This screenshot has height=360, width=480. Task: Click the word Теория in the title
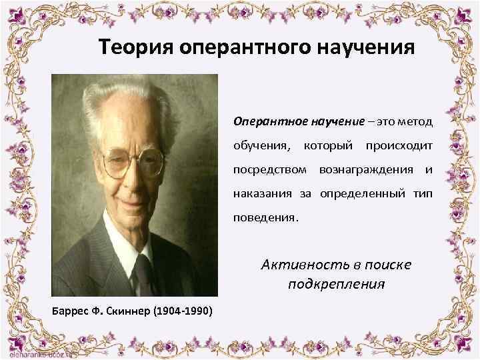click(x=134, y=48)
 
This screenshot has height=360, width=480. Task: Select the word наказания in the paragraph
click(x=257, y=194)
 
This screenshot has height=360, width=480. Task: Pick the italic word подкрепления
click(x=337, y=285)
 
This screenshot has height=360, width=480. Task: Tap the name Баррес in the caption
click(x=68, y=311)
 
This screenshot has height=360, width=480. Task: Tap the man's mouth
click(x=127, y=201)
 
